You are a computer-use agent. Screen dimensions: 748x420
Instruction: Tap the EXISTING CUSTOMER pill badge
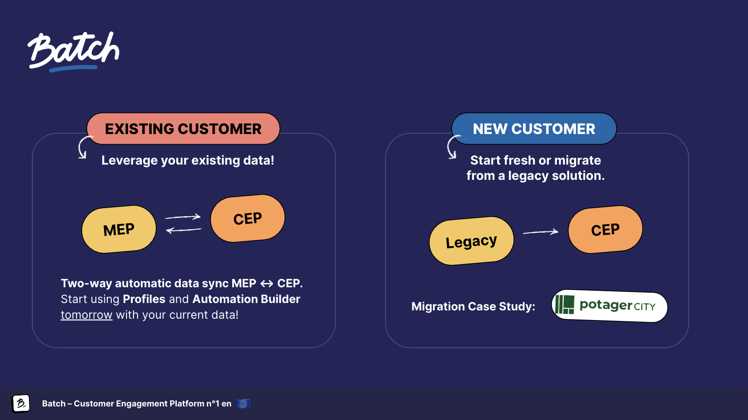point(183,129)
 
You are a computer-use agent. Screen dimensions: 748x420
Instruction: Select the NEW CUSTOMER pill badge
point(534,129)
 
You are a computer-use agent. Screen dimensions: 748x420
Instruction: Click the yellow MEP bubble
point(119,229)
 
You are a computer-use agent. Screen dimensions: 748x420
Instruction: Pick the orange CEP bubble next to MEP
point(247,218)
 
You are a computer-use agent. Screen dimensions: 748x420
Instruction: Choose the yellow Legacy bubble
point(471,241)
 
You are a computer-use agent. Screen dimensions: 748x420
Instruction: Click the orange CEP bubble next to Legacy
point(605,230)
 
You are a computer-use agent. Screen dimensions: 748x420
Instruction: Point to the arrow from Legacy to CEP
point(540,231)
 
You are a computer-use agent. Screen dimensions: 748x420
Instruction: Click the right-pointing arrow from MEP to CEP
point(183,217)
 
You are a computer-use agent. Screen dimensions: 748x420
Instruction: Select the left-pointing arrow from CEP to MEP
point(184,230)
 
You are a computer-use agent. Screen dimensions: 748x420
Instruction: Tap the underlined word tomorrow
point(86,315)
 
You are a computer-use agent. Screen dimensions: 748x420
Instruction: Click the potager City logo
point(609,306)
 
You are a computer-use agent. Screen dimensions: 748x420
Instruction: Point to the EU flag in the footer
point(243,403)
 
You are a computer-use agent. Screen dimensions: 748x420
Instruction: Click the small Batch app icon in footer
point(21,403)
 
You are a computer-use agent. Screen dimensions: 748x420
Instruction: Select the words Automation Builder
point(246,299)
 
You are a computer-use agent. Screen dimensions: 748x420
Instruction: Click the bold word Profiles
point(144,299)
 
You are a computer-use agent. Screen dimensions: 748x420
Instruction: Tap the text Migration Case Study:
point(473,306)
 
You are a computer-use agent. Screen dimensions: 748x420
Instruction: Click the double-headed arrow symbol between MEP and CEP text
point(267,284)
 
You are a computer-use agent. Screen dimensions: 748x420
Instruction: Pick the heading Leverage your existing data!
point(188,160)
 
